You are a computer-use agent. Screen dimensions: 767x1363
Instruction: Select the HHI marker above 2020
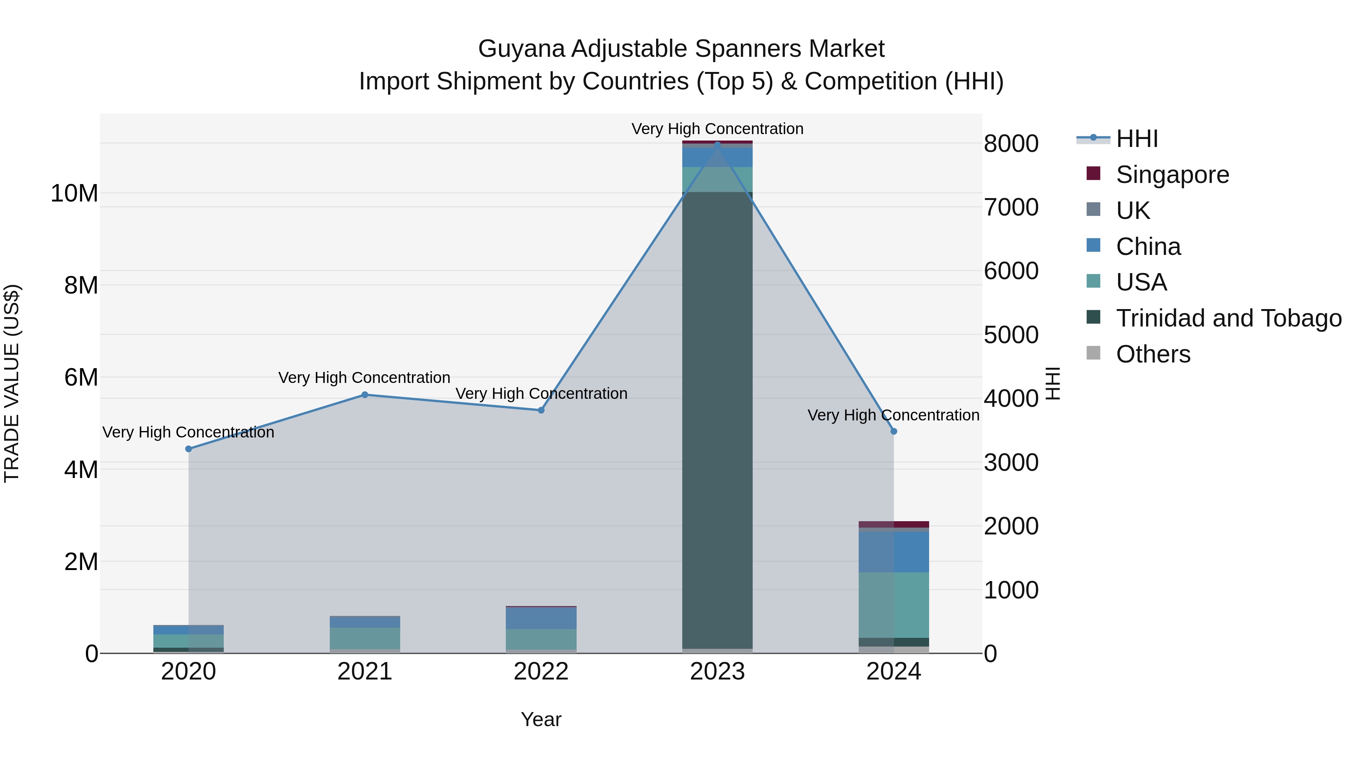189,449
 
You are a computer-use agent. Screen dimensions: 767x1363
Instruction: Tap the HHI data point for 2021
365,395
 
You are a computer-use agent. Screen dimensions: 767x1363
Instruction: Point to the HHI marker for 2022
541,410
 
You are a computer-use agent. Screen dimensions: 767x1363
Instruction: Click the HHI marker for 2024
894,431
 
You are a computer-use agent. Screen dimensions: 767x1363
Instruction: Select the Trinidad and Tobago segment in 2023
717,418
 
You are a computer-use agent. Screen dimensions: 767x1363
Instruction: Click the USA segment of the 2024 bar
894,605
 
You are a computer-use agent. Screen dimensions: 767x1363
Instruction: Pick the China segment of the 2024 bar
894,551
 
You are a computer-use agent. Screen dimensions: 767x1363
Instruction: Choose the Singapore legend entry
1172,175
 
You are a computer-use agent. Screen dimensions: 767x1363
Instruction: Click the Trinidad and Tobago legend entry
1227,318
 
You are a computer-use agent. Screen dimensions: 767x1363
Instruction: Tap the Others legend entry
1152,354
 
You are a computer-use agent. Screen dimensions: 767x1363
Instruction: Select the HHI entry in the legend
1137,139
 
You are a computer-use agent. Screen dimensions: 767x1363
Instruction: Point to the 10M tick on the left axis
74,194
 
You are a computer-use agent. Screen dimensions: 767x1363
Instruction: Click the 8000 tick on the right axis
1011,144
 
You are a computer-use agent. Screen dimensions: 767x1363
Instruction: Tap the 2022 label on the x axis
541,672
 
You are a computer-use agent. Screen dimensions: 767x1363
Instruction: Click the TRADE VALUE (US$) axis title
12,383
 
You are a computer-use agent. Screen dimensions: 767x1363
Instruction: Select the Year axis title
541,719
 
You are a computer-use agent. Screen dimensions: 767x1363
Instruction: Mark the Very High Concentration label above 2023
717,129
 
